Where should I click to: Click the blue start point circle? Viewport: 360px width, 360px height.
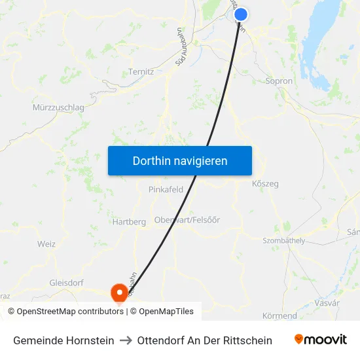(241, 14)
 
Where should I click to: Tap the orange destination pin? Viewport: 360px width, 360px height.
(120, 291)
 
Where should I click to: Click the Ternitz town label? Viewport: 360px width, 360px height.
(141, 71)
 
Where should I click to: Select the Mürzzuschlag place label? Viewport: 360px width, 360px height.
(58, 107)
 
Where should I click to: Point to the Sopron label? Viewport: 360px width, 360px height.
(279, 81)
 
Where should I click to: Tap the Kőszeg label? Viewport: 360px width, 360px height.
(265, 184)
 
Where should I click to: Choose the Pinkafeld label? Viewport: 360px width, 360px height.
(166, 189)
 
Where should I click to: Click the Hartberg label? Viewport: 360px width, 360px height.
(129, 222)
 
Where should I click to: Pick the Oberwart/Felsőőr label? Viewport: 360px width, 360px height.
(187, 220)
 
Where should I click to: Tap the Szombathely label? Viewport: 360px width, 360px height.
(283, 241)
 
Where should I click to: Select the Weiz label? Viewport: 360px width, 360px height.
(46, 244)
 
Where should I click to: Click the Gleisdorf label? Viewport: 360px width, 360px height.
(66, 283)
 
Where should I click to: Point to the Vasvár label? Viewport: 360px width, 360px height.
(327, 303)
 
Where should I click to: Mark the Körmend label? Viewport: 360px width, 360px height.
(279, 315)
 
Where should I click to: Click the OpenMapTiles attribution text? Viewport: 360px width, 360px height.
(166, 312)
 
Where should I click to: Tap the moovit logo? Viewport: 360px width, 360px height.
(321, 340)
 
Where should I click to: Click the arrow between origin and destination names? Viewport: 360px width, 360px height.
(126, 340)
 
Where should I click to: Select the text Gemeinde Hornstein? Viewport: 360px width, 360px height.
(63, 340)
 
